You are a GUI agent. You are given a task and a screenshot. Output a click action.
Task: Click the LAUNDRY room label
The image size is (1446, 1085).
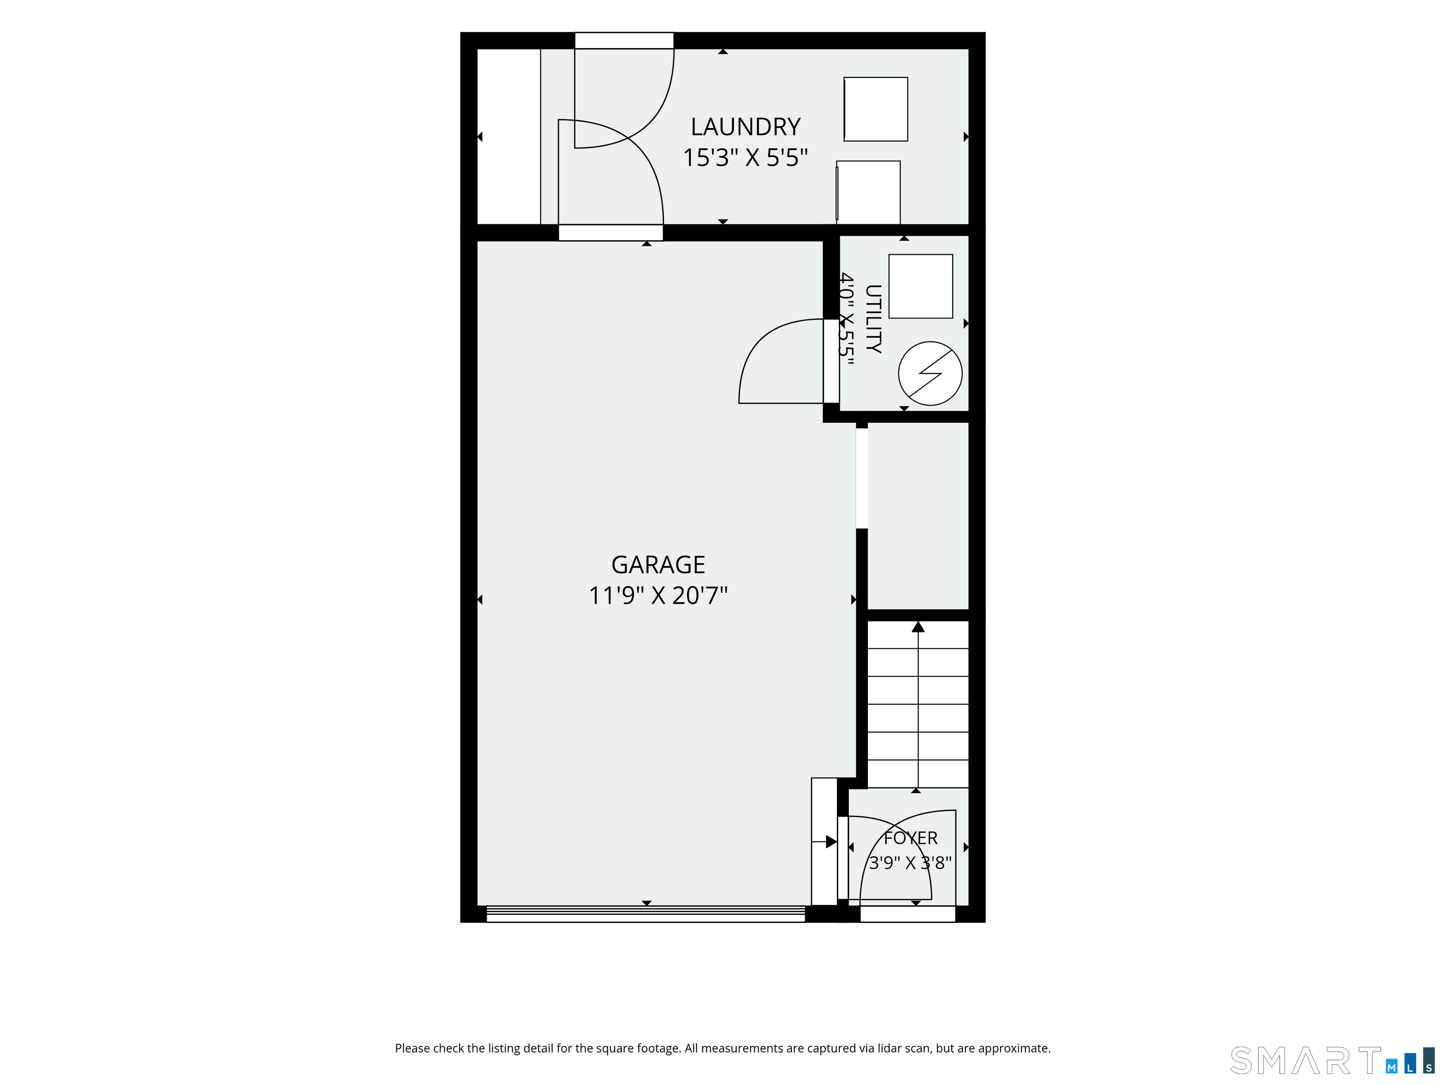[745, 126]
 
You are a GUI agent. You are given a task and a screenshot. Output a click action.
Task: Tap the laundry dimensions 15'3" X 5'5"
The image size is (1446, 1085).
[745, 158]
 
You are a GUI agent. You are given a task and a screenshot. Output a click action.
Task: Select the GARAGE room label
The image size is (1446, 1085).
[659, 565]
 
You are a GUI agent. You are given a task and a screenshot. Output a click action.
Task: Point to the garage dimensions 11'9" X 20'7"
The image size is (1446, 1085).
[659, 596]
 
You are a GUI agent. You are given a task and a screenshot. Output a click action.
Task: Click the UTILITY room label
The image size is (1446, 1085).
[873, 319]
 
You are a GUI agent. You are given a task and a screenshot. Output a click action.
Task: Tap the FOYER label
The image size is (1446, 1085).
[911, 838]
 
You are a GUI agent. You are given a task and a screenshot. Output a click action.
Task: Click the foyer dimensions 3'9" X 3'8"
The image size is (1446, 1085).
[910, 863]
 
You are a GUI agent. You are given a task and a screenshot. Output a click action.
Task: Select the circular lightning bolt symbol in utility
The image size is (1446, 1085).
[930, 373]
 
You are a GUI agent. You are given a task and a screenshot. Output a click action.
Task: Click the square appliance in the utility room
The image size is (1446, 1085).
[920, 286]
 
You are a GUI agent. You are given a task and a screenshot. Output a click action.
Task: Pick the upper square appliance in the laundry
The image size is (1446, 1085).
[876, 109]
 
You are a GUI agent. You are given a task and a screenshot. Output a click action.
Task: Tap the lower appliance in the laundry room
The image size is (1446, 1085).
[868, 192]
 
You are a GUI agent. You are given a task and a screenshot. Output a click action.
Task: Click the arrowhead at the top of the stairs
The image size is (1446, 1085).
[918, 626]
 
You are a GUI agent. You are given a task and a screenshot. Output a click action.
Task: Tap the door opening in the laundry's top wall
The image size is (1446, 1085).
[624, 40]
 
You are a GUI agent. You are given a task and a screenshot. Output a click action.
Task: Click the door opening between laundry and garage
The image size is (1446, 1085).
[611, 233]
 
